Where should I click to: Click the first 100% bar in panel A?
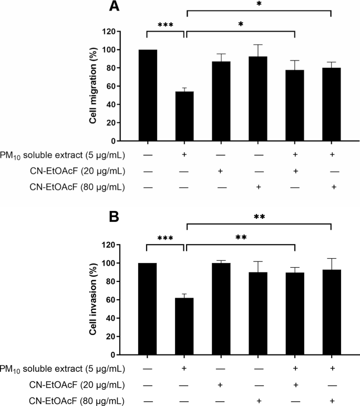click(x=147, y=95)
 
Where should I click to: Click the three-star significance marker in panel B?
click(x=166, y=239)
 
